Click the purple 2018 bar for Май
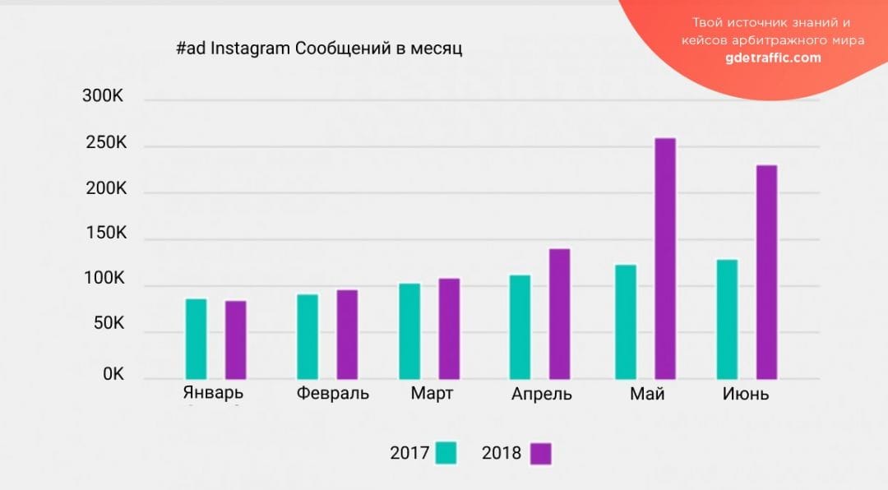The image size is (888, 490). point(664,258)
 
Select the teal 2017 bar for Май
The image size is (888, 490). point(625,321)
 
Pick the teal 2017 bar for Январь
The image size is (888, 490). point(197,339)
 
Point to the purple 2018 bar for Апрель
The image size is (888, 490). point(559,313)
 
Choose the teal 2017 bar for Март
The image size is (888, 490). point(409,331)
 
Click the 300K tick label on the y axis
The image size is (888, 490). point(103,96)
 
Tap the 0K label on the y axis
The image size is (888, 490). point(113,374)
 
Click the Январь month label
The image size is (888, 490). point(213,392)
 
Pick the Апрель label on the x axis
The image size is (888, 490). point(541,394)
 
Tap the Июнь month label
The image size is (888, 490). point(746,394)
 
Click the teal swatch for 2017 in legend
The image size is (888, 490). point(446,453)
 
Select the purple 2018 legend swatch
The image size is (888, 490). point(540,453)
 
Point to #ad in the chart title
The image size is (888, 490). point(191,49)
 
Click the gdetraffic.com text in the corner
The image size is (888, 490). point(773,58)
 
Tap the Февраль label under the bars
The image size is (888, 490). point(333,393)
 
